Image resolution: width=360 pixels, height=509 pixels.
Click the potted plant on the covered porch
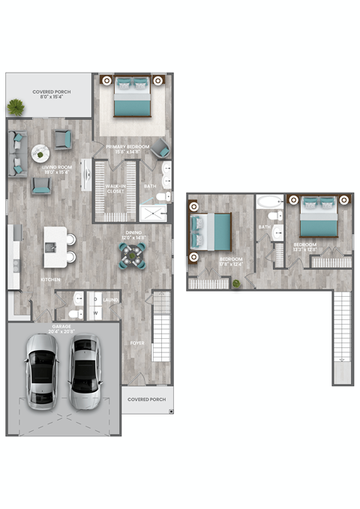pyautogui.click(x=16, y=108)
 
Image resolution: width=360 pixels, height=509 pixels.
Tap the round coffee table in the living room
pyautogui.click(x=40, y=154)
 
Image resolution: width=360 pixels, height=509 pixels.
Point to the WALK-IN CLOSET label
pyautogui.click(x=115, y=188)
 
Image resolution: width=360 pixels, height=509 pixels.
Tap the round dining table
pyautogui.click(x=133, y=256)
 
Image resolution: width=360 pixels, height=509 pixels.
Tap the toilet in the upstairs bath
pyautogui.click(x=277, y=216)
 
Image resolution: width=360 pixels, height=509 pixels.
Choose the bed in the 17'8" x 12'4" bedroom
pyautogui.click(x=212, y=231)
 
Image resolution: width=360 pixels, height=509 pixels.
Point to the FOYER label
pyautogui.click(x=137, y=344)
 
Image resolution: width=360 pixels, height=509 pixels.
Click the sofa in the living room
pyautogui.click(x=17, y=154)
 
